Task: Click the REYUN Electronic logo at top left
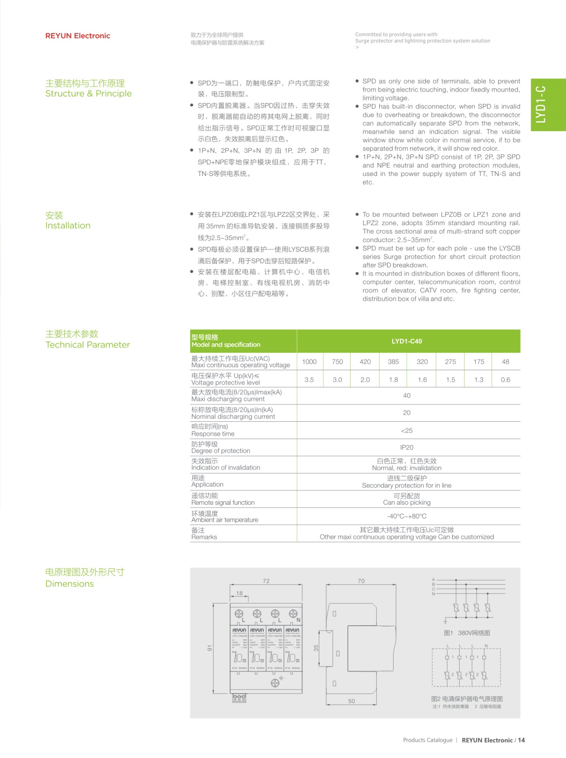click(78, 36)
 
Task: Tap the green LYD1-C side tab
click(547, 105)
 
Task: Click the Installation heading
click(68, 225)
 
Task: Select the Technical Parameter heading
click(87, 345)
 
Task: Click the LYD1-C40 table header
click(407, 341)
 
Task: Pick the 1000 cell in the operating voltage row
click(309, 361)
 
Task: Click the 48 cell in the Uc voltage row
click(506, 361)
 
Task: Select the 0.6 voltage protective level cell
click(506, 379)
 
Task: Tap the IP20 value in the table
click(407, 447)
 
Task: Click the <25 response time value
click(407, 431)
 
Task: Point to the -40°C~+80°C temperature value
click(407, 516)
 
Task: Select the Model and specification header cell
click(226, 341)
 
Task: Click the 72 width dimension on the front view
click(266, 581)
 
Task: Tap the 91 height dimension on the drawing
click(210, 648)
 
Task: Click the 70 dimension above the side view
click(361, 581)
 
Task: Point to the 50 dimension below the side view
click(351, 701)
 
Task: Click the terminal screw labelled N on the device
click(293, 614)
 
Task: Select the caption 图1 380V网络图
click(467, 633)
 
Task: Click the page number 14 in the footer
click(521, 740)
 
